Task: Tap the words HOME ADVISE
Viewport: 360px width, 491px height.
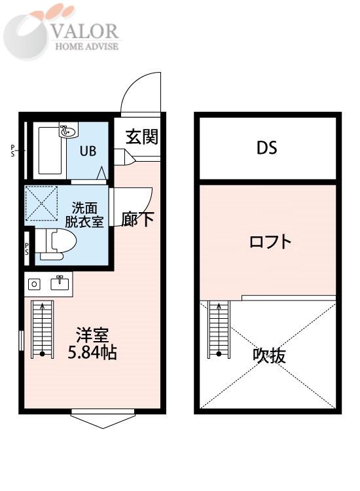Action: pyautogui.click(x=88, y=46)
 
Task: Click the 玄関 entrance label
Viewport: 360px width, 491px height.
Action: pyautogui.click(x=142, y=137)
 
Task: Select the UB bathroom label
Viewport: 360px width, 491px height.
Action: pyautogui.click(x=88, y=151)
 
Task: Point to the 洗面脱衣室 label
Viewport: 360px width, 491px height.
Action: pyautogui.click(x=84, y=215)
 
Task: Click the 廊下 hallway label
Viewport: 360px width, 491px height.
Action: pyautogui.click(x=137, y=219)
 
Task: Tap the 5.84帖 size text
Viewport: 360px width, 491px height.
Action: pyautogui.click(x=93, y=354)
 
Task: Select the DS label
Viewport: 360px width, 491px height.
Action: pyautogui.click(x=266, y=148)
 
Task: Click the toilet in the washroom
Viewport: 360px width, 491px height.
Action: pyautogui.click(x=57, y=243)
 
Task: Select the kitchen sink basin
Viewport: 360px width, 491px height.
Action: pyautogui.click(x=61, y=283)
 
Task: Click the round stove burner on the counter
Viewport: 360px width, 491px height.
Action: pyautogui.click(x=35, y=283)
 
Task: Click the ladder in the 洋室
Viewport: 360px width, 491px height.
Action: pyautogui.click(x=41, y=329)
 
